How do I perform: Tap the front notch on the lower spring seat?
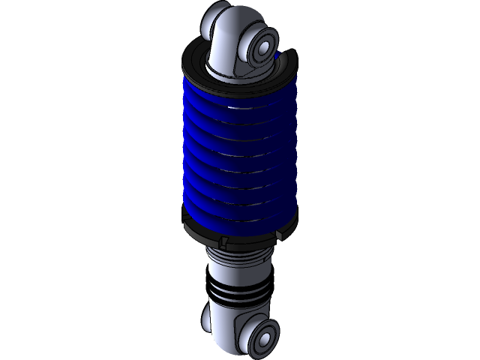[223, 241]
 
